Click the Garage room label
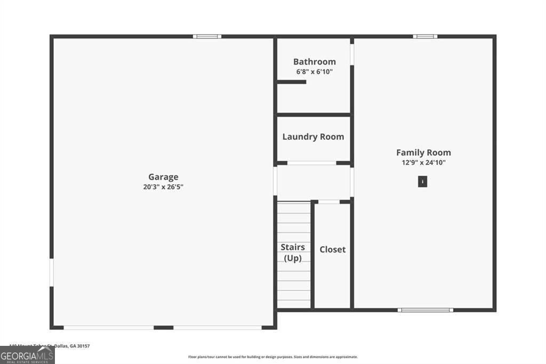point(163,177)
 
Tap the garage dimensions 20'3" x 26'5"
point(163,187)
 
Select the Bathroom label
point(315,61)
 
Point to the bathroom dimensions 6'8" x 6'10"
point(315,71)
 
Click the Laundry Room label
point(313,137)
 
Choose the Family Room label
point(423,153)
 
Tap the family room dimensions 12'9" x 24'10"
point(423,162)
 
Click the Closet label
point(332,249)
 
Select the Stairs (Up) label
point(293,253)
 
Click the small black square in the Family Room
point(422,182)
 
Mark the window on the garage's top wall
point(207,36)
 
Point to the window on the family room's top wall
point(425,36)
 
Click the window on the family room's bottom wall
point(425,310)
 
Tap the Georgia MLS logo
point(27,355)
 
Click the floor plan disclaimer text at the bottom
point(272,357)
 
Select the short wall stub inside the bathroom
point(291,82)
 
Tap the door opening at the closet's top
point(329,201)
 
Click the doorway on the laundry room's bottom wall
point(312,163)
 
